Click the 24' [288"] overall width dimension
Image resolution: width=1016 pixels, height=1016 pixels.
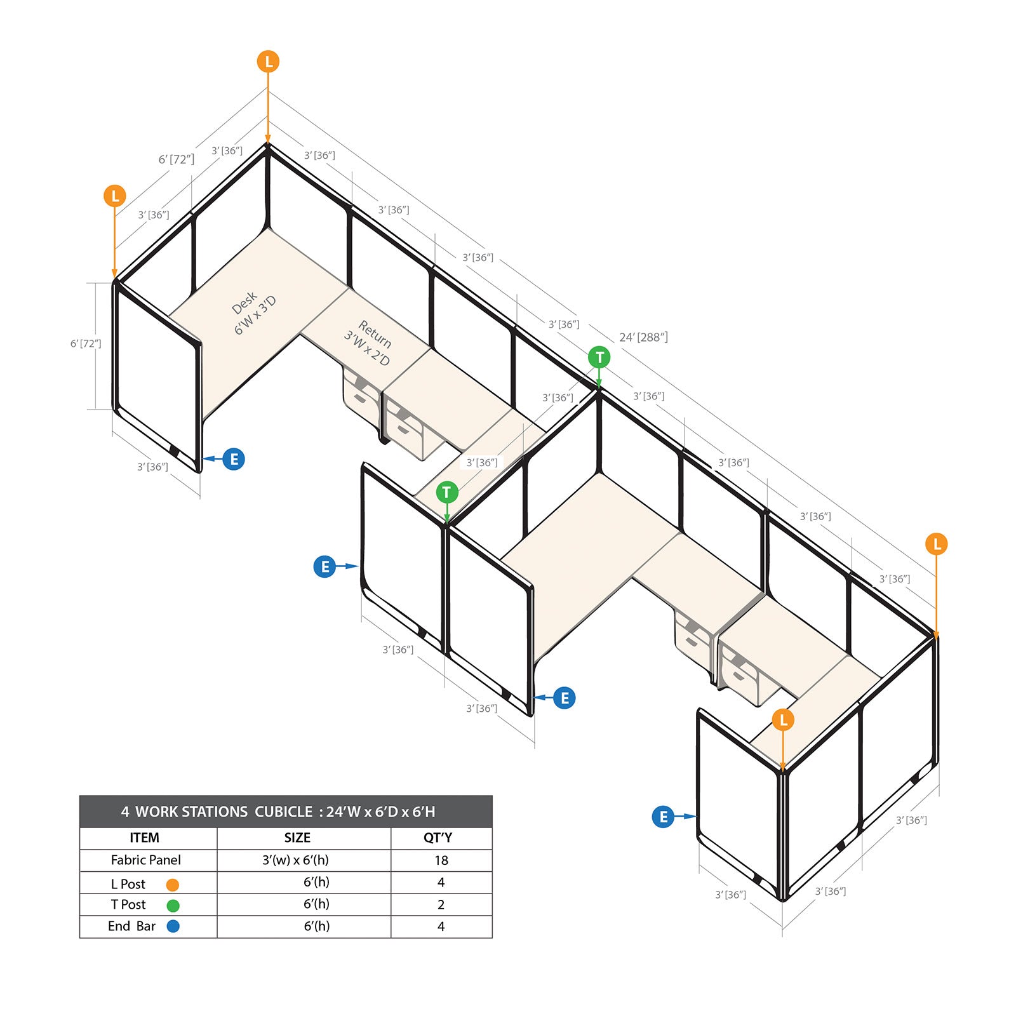643,337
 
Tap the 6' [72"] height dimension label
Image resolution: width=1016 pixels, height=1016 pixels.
86,344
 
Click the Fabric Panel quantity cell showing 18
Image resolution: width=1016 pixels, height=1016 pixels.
441,860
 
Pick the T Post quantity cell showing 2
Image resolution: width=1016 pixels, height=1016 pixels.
441,904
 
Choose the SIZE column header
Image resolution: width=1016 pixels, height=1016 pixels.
297,838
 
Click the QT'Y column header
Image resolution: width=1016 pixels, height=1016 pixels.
438,838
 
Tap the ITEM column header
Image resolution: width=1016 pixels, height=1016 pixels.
145,838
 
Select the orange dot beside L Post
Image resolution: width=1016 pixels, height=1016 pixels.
172,885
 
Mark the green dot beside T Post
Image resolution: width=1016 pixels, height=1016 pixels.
173,906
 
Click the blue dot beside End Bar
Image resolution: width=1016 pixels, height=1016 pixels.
173,926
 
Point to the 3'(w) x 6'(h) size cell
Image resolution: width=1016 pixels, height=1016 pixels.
296,860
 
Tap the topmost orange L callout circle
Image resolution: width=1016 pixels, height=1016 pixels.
268,62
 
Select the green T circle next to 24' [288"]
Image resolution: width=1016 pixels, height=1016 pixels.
599,357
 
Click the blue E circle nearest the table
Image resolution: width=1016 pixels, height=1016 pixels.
324,566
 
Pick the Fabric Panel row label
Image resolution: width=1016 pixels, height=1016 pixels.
146,860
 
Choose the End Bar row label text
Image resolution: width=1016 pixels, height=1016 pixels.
131,926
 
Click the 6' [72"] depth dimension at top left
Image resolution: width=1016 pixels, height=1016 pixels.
177,159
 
